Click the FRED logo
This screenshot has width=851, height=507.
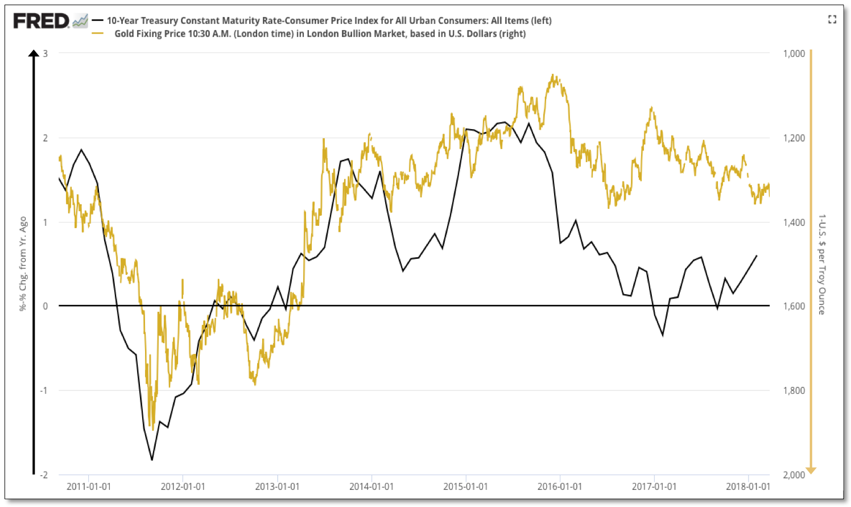(x=41, y=21)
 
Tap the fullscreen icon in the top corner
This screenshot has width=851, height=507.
(x=832, y=19)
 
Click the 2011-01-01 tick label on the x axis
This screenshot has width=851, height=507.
(x=89, y=487)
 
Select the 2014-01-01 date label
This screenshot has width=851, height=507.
(x=371, y=487)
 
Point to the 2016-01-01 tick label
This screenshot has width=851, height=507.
(x=560, y=487)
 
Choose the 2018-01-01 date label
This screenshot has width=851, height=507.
(x=748, y=487)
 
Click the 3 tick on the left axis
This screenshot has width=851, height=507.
(x=46, y=53)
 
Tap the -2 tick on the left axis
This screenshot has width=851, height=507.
(x=44, y=475)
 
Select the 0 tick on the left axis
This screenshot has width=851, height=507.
(x=46, y=306)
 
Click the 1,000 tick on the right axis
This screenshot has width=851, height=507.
(x=794, y=53)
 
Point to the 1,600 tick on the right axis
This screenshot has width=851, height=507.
(x=794, y=306)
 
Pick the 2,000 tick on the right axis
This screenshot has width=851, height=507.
(x=794, y=475)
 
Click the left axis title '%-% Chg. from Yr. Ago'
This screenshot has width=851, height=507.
(x=23, y=263)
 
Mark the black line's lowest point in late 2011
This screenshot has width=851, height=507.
(x=152, y=460)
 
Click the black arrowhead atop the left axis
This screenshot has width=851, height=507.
(x=34, y=54)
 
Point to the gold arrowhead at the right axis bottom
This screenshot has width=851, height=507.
(x=811, y=470)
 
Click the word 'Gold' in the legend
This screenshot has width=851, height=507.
(x=125, y=34)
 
